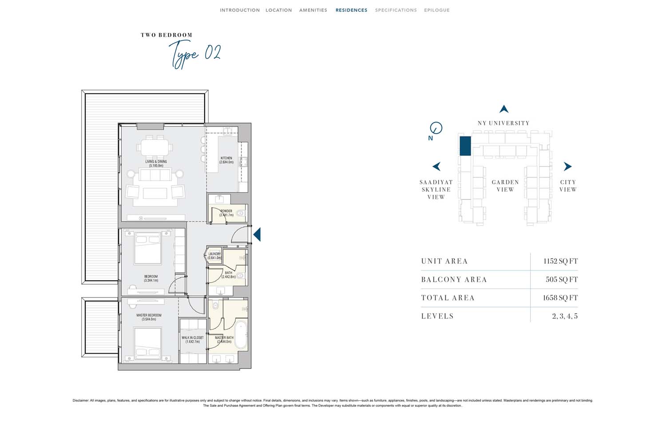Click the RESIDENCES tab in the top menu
click(x=352, y=10)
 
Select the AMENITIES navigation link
click(x=313, y=10)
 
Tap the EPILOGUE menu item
click(x=437, y=10)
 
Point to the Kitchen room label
click(x=226, y=160)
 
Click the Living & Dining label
click(x=156, y=163)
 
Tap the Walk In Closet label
click(x=193, y=340)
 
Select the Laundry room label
click(x=214, y=256)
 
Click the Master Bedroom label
click(x=149, y=317)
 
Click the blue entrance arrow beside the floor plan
click(x=257, y=234)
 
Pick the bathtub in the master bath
click(x=241, y=335)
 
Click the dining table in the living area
click(x=155, y=147)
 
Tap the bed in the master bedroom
click(x=148, y=344)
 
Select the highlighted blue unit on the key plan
click(x=465, y=146)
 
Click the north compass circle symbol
click(x=436, y=128)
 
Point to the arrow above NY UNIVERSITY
click(x=504, y=109)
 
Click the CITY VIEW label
click(x=568, y=186)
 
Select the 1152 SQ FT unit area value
click(x=560, y=261)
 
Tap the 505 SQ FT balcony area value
click(x=562, y=279)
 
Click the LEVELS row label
click(x=437, y=316)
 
